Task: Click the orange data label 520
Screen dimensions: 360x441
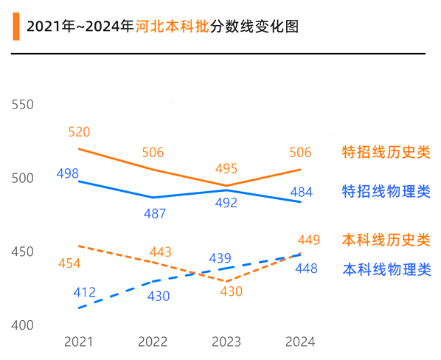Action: pos(79,133)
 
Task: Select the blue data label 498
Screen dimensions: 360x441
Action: pos(67,173)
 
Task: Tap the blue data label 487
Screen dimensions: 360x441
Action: pos(154,213)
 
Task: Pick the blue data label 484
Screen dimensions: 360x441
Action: pos(301,193)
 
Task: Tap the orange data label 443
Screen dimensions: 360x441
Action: pos(160,252)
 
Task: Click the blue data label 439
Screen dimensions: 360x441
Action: pos(220,258)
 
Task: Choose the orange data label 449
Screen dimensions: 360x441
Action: pos(309,240)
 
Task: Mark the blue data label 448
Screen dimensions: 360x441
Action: pos(306,269)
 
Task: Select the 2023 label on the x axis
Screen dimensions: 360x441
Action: pos(226,342)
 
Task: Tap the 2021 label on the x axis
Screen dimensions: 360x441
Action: pos(79,342)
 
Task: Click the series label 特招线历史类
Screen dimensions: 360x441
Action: pos(386,153)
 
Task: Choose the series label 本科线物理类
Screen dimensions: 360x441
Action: pos(386,269)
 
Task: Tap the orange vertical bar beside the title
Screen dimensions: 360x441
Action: pos(15,27)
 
